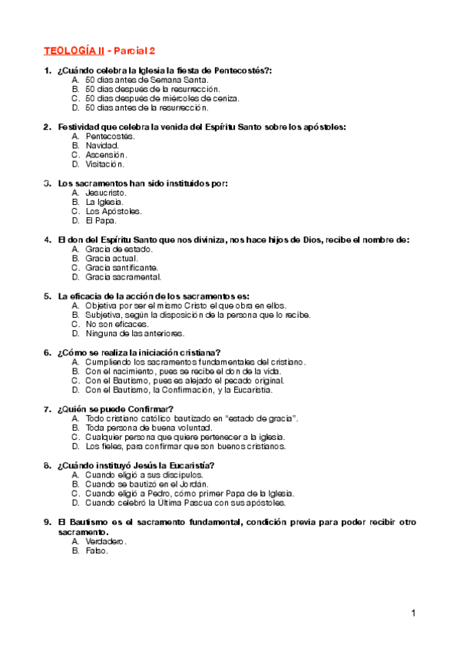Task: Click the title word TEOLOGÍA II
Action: (x=74, y=51)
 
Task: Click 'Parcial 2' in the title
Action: (x=134, y=51)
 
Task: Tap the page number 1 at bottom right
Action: (x=413, y=613)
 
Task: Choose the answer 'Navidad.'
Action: (x=102, y=145)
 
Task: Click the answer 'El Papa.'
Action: (x=101, y=220)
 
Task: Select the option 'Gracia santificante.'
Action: (x=122, y=268)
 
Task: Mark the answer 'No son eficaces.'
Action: (x=117, y=325)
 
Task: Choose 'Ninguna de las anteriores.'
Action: (x=135, y=334)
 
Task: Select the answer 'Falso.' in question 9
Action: (x=98, y=550)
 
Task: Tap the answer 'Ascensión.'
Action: (x=107, y=154)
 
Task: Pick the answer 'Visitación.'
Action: (x=105, y=164)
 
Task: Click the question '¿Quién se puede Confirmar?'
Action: (x=115, y=408)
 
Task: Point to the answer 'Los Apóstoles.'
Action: (x=114, y=211)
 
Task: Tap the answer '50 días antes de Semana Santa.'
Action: (x=141, y=80)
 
